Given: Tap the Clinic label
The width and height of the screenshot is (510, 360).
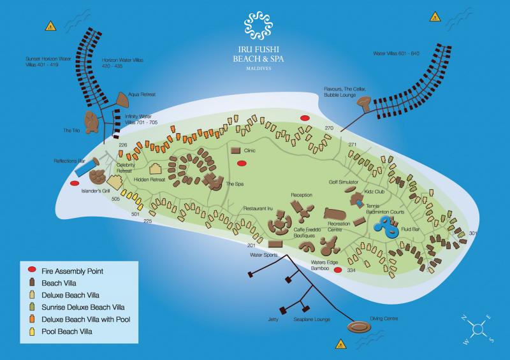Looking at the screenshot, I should tap(250, 150).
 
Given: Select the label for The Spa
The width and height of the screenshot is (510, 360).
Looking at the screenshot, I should tap(236, 184).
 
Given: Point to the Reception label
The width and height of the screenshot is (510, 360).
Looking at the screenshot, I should tap(302, 194).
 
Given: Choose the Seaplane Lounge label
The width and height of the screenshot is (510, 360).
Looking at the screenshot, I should tap(312, 319).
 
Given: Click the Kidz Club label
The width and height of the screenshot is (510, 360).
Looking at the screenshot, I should tap(374, 191).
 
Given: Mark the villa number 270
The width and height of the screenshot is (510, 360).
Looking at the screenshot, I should tap(329, 128).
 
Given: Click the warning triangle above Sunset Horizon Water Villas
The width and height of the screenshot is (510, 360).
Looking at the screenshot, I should tap(49, 27).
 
